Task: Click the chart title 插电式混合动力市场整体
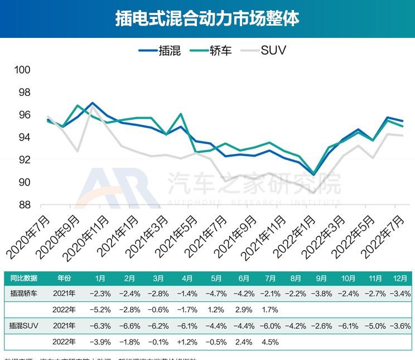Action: tap(207, 18)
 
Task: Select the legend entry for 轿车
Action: tap(213, 51)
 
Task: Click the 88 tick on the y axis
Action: tap(23, 205)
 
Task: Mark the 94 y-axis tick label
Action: tap(23, 137)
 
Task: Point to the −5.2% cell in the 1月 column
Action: tap(100, 309)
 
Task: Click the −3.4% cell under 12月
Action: tap(400, 293)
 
